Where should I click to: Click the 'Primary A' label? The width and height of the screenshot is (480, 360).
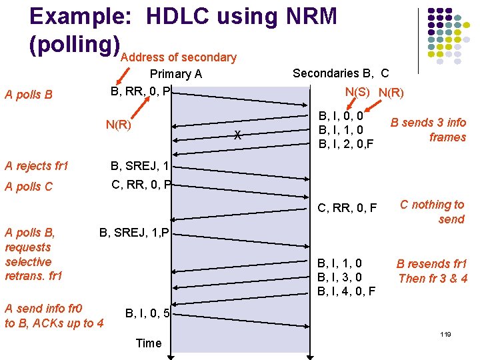click(x=176, y=74)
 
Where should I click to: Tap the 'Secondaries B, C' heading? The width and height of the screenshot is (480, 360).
click(x=341, y=73)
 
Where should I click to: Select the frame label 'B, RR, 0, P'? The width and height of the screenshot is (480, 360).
click(x=141, y=90)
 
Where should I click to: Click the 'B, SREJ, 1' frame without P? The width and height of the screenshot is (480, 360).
click(x=139, y=165)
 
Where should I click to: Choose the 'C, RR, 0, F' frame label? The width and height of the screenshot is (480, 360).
click(x=347, y=208)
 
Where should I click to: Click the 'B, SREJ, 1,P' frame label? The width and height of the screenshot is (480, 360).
click(x=135, y=232)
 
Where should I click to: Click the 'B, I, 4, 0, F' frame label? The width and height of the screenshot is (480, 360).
click(x=347, y=291)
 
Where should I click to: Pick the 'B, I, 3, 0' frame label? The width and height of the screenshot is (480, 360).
click(x=340, y=277)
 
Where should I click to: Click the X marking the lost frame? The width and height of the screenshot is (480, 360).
click(x=237, y=136)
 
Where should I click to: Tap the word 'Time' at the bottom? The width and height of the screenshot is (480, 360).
click(x=148, y=343)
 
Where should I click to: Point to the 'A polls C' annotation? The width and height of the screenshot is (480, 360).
click(x=28, y=186)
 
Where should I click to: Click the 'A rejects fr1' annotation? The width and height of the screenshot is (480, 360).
click(x=37, y=165)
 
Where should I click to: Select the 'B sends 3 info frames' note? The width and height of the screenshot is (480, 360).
click(x=429, y=129)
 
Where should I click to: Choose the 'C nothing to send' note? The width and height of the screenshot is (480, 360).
click(x=431, y=212)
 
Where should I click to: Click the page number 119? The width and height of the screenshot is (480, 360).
click(x=445, y=333)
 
